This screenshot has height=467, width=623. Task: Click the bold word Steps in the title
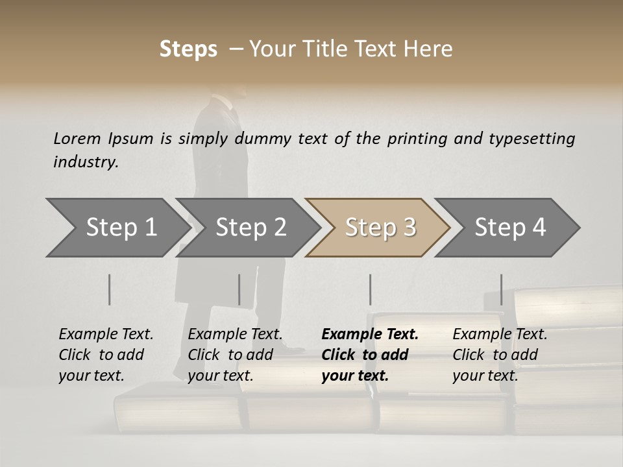[188, 49]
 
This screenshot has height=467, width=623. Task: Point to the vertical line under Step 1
[110, 289]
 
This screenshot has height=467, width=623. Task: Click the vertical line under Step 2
[239, 289]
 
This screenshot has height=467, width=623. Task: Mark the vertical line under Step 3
[371, 289]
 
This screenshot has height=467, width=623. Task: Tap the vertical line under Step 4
[502, 289]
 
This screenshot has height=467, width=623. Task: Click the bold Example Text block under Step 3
[370, 355]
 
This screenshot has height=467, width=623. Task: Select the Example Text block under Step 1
[106, 355]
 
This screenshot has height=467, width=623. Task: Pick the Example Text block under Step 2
[235, 355]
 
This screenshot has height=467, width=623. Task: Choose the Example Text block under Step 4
[500, 355]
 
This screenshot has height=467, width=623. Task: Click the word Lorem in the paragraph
[77, 138]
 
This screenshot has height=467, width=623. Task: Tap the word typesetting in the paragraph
[532, 139]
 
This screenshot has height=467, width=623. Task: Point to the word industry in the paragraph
[85, 162]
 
